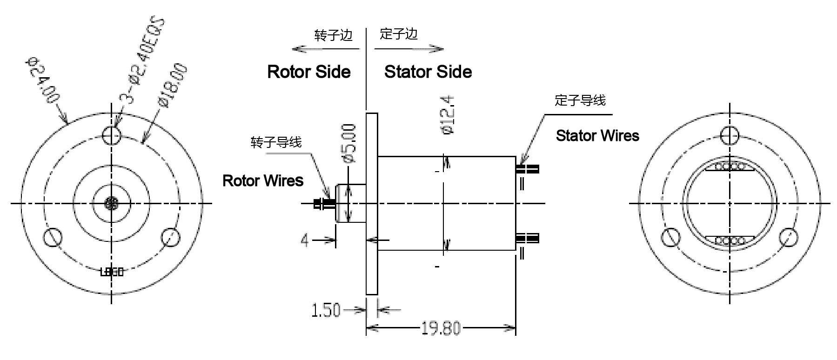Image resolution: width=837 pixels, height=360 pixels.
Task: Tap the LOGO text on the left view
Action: (x=112, y=272)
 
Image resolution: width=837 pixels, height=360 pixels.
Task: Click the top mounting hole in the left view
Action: (x=112, y=135)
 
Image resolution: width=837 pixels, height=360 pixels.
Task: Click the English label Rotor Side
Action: (x=308, y=72)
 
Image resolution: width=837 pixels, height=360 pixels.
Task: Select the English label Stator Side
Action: (x=428, y=72)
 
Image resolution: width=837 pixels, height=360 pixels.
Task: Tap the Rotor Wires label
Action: (x=263, y=180)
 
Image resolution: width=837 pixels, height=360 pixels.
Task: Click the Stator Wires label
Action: (x=597, y=136)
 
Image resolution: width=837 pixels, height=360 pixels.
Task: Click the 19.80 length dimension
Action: (x=441, y=329)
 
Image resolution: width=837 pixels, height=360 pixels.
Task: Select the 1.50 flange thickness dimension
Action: (x=326, y=310)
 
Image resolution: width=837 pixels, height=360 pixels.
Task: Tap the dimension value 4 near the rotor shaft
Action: (x=305, y=240)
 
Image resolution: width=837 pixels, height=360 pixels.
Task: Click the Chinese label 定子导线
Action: (x=580, y=100)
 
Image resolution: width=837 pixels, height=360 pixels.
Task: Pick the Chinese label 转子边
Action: (x=333, y=35)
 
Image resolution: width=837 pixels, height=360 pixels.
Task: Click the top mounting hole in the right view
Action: (x=730, y=135)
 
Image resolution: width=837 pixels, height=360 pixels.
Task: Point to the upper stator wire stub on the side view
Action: (x=528, y=169)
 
